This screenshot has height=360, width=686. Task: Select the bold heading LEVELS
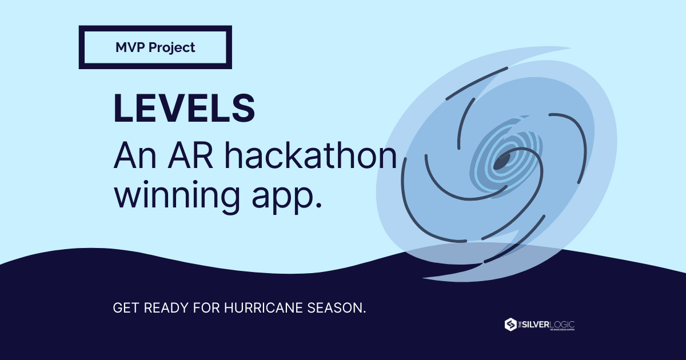coord(184,106)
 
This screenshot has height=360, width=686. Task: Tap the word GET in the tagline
coord(126,308)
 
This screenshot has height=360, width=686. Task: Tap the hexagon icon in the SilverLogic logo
coord(510,325)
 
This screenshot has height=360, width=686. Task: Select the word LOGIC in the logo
coord(563,324)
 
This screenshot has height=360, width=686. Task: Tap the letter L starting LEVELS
coord(123,106)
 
